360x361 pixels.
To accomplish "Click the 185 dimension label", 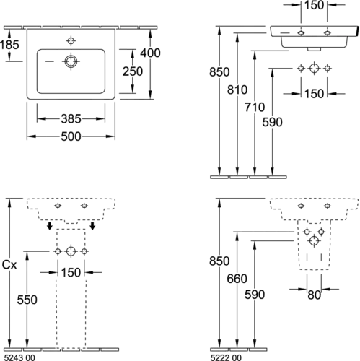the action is (9, 45).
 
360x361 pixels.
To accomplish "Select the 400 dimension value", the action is (150, 53).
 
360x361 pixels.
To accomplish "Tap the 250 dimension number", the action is (133, 71).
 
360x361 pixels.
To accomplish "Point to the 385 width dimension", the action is (71, 119).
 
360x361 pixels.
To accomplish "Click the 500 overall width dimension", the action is (71, 136).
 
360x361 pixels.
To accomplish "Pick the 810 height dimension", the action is (237, 90).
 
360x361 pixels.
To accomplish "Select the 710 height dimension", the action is (255, 107).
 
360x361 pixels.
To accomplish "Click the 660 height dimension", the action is (237, 279).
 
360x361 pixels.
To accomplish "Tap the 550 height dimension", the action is (27, 300).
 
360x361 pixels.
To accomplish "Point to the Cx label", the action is (9, 265).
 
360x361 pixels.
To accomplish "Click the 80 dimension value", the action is (314, 295).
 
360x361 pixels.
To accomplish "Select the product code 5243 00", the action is (19, 357).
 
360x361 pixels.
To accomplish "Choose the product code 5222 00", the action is (226, 357).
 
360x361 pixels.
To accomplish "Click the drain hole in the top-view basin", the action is (71, 61).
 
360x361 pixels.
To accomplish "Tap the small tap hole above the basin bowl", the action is (71, 41).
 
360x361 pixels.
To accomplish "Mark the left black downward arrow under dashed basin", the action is (50, 226).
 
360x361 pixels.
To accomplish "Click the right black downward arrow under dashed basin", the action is (92, 226).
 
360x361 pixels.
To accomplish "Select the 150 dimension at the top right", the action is (314, 5).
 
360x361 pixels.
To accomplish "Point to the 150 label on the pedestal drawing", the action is (71, 272).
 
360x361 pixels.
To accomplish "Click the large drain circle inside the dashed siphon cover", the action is (314, 240).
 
